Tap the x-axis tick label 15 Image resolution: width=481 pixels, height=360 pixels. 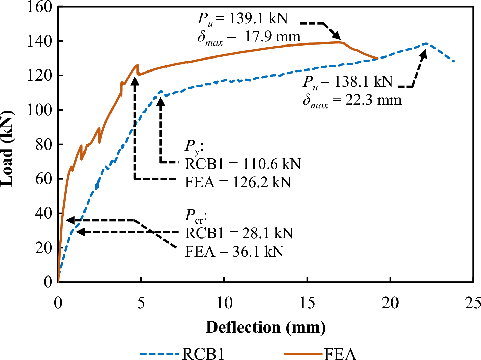click(307, 303)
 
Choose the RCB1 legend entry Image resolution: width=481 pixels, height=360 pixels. click(182, 353)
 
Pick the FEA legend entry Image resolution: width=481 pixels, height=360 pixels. click(320, 353)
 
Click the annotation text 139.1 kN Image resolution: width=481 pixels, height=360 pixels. click(258, 18)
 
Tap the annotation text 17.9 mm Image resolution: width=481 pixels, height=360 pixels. click(272, 37)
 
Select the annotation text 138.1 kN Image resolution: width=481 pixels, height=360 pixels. click(364, 81)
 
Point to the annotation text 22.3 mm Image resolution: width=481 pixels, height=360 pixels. click(373, 100)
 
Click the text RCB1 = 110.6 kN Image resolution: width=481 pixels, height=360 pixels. click(243, 164)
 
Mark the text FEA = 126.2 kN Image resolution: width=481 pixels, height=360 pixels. click(238, 182)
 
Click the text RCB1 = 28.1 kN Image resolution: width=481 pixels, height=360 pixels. click(239, 233)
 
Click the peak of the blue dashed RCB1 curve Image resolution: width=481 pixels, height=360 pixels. click(426, 43)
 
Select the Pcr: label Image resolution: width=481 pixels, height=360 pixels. click(196, 216)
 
